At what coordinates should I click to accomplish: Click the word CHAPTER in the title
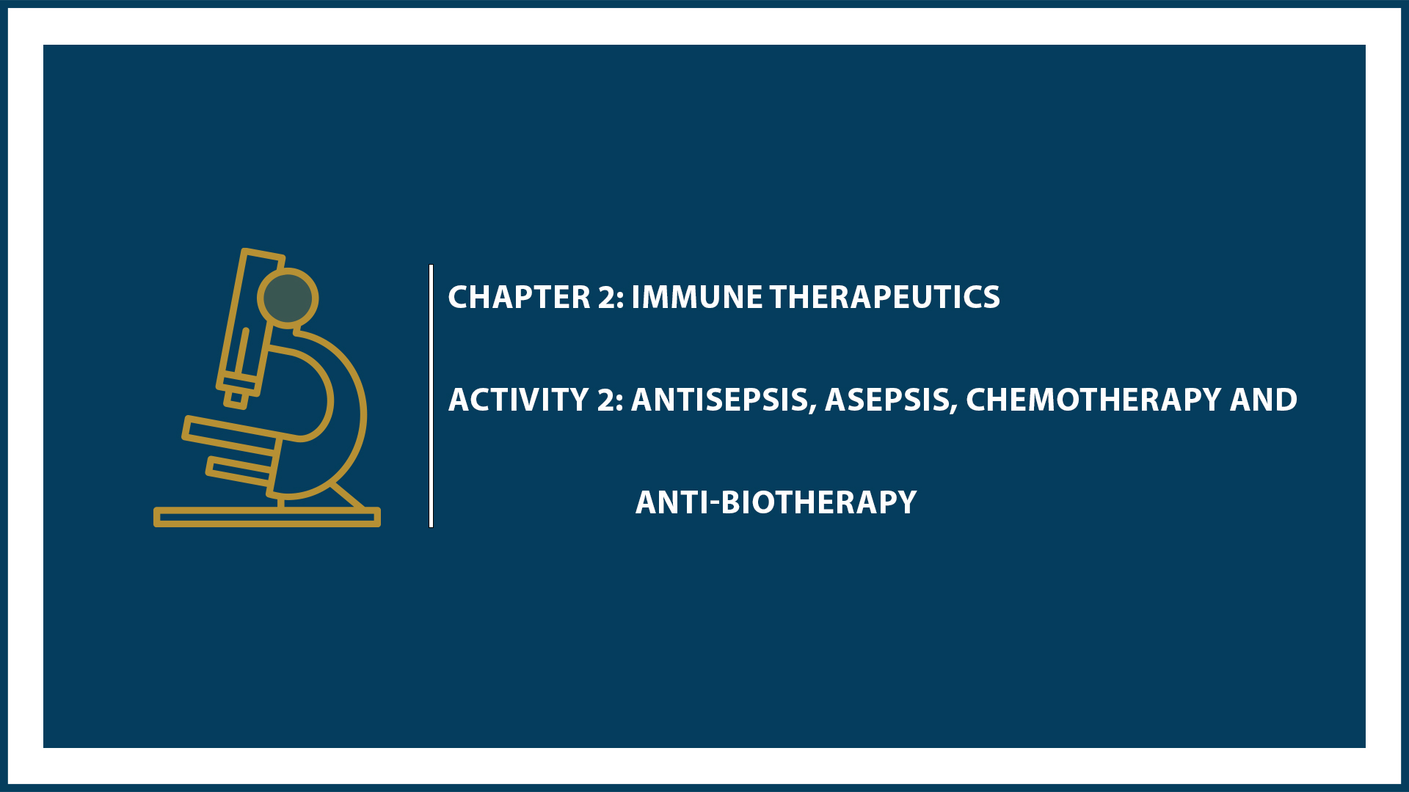519,297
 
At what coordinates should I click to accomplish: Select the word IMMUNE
697,297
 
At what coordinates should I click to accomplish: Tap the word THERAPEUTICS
884,297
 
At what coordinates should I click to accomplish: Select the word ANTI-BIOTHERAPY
776,502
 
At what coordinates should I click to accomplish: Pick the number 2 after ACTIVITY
608,400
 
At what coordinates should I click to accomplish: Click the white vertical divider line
432,396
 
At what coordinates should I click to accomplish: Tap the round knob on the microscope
288,298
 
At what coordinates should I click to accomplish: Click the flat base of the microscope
266,517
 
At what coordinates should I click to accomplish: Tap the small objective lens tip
236,398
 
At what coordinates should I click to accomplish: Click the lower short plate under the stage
239,471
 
